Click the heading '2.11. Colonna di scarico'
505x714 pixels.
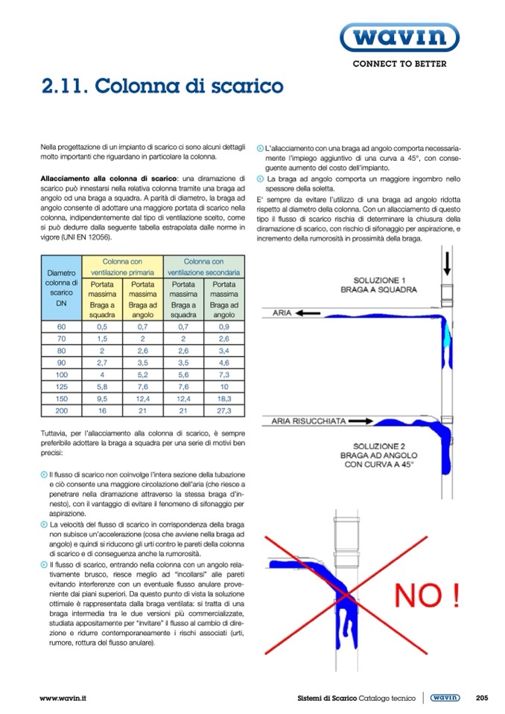162,87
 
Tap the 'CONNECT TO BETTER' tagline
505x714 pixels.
399,64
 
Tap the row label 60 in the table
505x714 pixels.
61,327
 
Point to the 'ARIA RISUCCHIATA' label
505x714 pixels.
308,421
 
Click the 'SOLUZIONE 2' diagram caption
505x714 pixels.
380,454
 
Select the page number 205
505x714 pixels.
481,698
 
